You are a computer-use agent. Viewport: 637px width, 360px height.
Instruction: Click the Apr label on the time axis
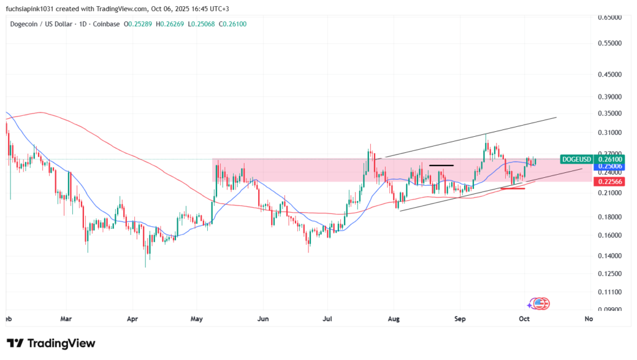pos(132,319)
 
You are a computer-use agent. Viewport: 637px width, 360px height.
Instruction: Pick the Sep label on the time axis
pos(460,319)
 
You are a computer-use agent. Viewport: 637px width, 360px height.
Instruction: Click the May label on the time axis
pos(197,319)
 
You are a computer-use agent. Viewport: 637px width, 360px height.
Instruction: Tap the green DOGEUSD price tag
pos(575,159)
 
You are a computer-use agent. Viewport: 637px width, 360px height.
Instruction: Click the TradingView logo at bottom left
pos(51,343)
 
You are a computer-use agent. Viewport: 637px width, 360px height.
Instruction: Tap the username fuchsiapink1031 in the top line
pos(32,8)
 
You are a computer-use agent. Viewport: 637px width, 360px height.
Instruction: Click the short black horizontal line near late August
pos(441,165)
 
